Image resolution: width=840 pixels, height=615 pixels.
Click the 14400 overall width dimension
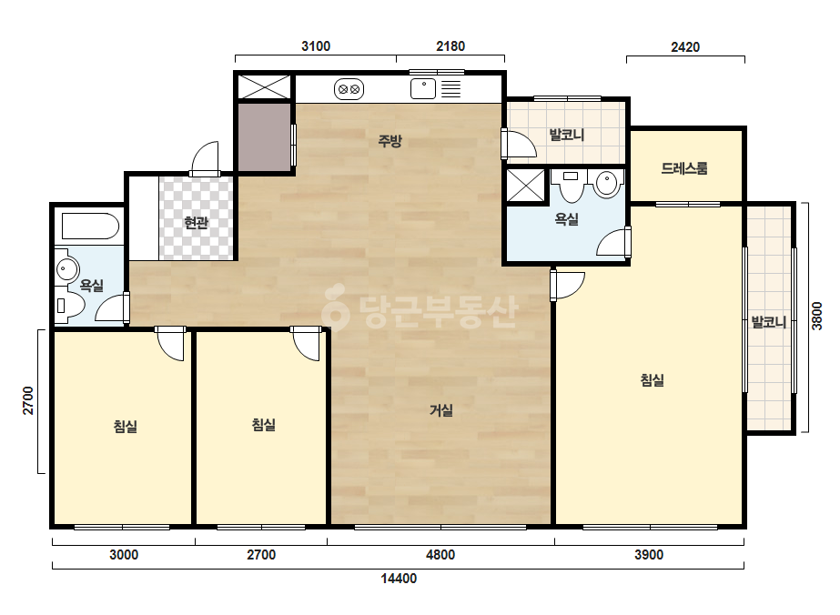click(x=399, y=579)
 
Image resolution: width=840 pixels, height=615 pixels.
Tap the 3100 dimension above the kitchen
click(x=316, y=46)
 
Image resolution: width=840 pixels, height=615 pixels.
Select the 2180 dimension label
click(x=450, y=46)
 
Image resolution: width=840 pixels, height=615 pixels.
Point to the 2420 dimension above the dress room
click(x=685, y=47)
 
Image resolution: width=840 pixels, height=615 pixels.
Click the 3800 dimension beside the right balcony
click(x=816, y=316)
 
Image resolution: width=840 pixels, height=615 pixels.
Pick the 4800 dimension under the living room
click(x=440, y=554)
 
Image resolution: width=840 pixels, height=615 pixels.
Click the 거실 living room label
click(x=440, y=410)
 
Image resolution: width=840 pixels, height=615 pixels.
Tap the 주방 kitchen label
click(x=390, y=141)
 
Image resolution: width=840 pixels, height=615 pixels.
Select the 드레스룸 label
click(x=684, y=168)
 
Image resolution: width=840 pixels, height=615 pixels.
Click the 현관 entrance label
click(x=196, y=222)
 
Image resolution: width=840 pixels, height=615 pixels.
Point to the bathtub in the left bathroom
click(x=90, y=227)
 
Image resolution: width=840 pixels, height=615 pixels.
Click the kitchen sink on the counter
click(x=423, y=89)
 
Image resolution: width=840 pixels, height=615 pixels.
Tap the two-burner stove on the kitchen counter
click(x=349, y=89)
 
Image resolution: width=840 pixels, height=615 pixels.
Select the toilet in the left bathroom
click(x=70, y=306)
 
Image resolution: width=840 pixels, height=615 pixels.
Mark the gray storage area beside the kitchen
click(x=265, y=137)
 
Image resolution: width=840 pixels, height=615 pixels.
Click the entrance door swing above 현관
click(x=205, y=158)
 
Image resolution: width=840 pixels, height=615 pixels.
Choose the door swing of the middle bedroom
click(x=307, y=345)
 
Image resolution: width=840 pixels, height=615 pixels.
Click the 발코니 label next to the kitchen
click(x=566, y=135)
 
